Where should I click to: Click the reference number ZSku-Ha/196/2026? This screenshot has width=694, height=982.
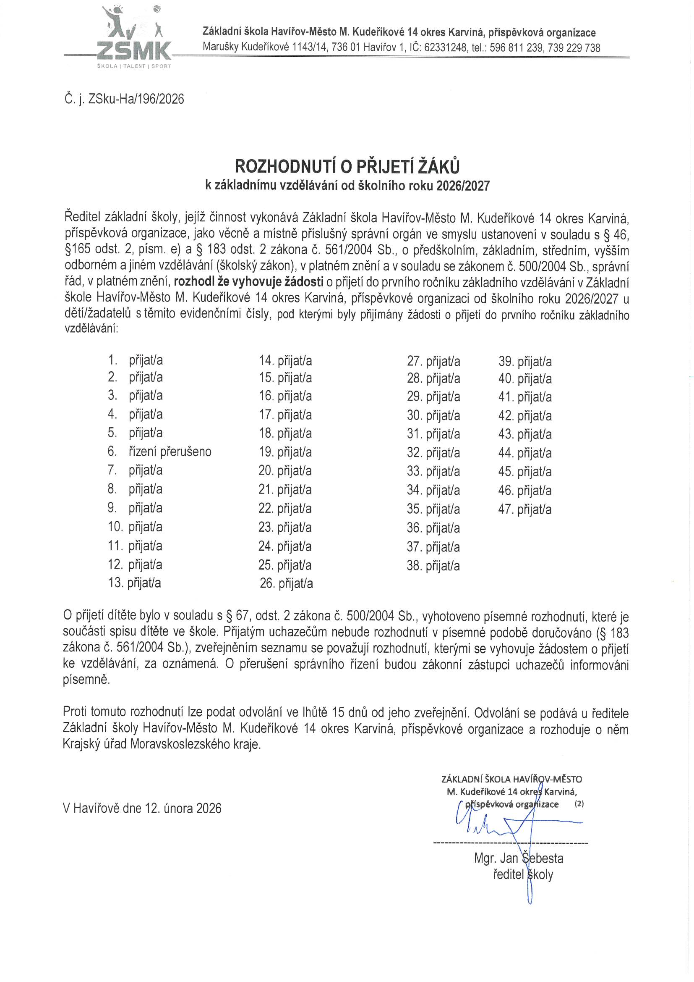pos(136,99)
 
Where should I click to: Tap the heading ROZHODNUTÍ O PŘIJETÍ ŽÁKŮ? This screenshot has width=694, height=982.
pos(347,166)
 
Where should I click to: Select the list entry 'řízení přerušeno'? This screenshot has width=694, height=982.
pos(170,451)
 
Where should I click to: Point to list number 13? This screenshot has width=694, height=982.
pos(116,583)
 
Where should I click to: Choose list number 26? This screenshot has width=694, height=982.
pos(267,583)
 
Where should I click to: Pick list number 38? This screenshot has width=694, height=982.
pos(414,565)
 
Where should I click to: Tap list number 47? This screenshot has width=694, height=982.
pos(506,509)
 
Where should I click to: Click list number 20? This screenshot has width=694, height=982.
pos(266,470)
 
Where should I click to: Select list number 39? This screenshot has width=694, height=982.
pos(506,361)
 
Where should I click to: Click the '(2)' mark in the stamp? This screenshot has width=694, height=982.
pos(579,803)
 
